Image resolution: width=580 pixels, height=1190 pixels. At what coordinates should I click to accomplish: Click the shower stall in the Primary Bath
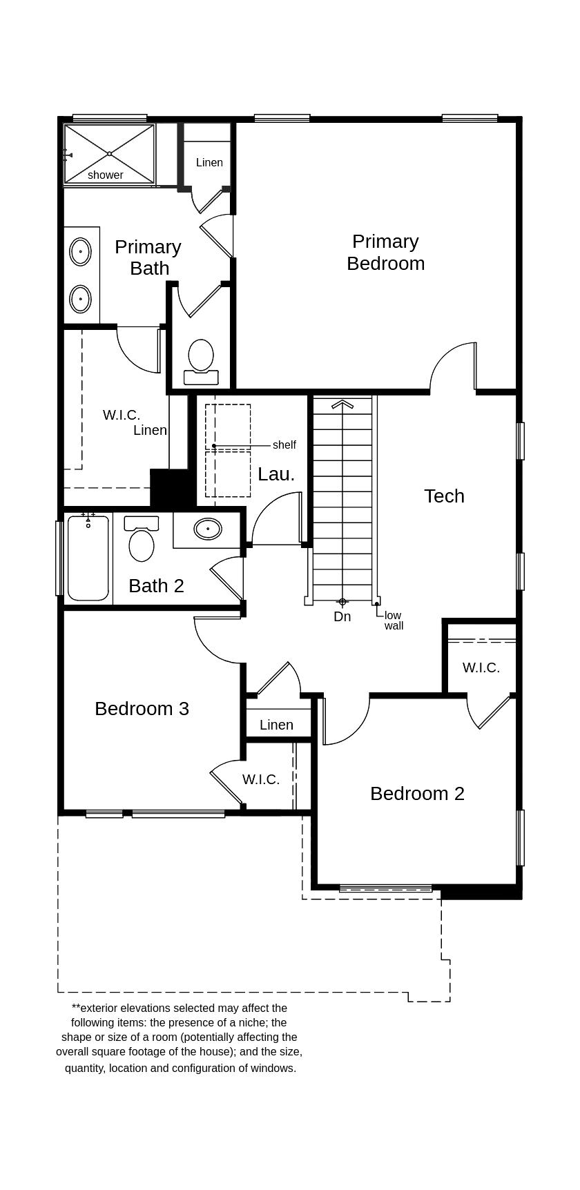[109, 154]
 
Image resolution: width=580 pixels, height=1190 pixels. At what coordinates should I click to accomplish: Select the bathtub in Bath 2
[88, 558]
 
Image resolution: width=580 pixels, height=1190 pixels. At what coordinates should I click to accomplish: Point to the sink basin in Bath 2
[208, 529]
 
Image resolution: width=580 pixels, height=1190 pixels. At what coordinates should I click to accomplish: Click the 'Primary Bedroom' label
[385, 252]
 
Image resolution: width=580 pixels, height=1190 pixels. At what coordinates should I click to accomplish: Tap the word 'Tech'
[444, 496]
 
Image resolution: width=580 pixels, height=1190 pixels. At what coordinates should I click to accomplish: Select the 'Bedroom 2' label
[417, 793]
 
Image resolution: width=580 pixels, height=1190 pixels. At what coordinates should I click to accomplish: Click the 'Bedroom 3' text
[142, 708]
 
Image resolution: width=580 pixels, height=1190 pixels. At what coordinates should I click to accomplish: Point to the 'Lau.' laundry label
[276, 474]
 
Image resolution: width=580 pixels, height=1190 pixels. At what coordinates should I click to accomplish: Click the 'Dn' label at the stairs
[342, 617]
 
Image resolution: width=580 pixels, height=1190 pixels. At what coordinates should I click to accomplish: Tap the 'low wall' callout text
[393, 621]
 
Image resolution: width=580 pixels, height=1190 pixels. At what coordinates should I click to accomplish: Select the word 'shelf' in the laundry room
[284, 445]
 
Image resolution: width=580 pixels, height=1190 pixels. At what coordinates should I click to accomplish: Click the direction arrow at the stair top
[342, 404]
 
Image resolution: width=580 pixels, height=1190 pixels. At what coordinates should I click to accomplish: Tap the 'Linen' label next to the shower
[209, 163]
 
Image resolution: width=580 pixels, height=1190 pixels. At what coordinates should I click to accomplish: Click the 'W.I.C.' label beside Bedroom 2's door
[481, 667]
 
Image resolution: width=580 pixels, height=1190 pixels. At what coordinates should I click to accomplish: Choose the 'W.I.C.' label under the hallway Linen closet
[261, 779]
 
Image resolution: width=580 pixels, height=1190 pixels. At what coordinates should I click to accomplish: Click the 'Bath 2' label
[156, 585]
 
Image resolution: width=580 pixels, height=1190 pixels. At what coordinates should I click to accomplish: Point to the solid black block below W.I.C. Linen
[170, 489]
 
